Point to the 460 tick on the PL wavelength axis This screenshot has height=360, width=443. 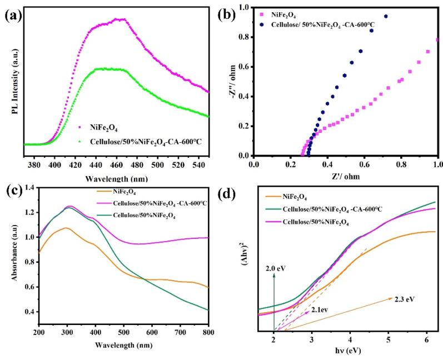point(117,165)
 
